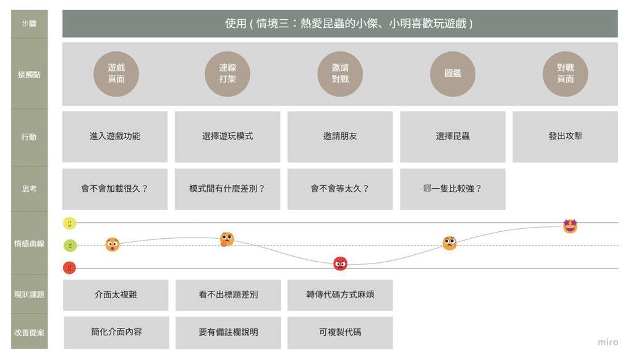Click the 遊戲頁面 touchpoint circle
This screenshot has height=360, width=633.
point(116,74)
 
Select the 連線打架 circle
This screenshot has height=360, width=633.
point(227,74)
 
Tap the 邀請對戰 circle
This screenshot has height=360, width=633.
point(340,74)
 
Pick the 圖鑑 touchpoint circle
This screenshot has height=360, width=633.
point(452,74)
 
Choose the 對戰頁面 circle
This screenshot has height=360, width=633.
point(565,74)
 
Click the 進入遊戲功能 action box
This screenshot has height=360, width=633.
point(115,136)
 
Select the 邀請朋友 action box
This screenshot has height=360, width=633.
point(340,136)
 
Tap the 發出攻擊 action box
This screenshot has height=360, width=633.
point(565,136)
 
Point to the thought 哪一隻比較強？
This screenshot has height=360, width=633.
point(452,189)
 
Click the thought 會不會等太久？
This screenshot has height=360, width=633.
point(340,189)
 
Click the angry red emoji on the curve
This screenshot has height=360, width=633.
point(340,264)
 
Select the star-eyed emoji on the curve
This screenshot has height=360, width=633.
point(570,226)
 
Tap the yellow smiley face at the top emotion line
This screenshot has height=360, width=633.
point(70,223)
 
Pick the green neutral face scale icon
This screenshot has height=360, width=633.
point(70,246)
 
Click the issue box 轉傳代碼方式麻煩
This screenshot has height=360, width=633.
point(340,294)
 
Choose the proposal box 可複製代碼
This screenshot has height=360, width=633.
point(340,332)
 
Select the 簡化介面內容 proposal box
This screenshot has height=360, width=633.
point(116,332)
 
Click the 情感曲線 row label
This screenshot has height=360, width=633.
point(29,244)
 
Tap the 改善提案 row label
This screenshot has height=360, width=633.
point(29,332)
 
